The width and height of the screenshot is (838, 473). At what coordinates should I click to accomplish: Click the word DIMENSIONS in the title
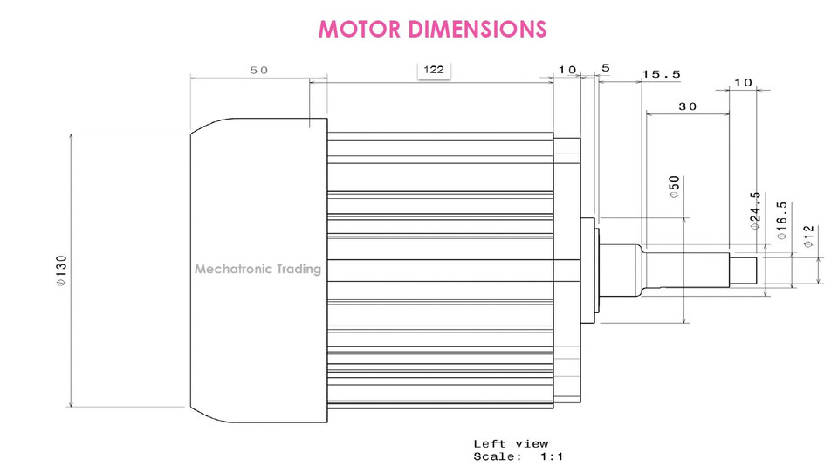point(475,29)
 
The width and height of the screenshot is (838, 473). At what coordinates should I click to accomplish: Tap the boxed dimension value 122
point(433,70)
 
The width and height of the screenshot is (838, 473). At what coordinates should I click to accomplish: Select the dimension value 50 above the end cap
point(259,71)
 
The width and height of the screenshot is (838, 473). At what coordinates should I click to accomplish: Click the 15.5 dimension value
point(661,74)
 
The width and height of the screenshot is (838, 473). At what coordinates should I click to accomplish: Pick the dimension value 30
point(687,106)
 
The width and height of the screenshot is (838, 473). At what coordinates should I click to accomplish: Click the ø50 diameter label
point(674,188)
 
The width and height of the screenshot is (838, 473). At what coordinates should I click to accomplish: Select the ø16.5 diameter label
point(781,219)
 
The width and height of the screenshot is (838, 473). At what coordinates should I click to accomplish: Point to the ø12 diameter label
point(808,236)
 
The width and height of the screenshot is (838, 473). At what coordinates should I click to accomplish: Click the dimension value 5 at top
point(606,68)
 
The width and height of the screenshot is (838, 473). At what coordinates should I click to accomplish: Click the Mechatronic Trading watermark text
point(258,269)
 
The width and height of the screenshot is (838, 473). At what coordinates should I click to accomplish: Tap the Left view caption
point(511,444)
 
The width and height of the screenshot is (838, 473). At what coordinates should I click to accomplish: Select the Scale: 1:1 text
point(519,456)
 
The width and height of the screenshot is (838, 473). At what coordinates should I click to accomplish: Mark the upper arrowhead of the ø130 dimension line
point(71,138)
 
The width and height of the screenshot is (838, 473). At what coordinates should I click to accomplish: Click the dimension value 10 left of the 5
point(567,70)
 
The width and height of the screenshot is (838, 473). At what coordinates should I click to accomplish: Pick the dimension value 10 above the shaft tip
point(742,82)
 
